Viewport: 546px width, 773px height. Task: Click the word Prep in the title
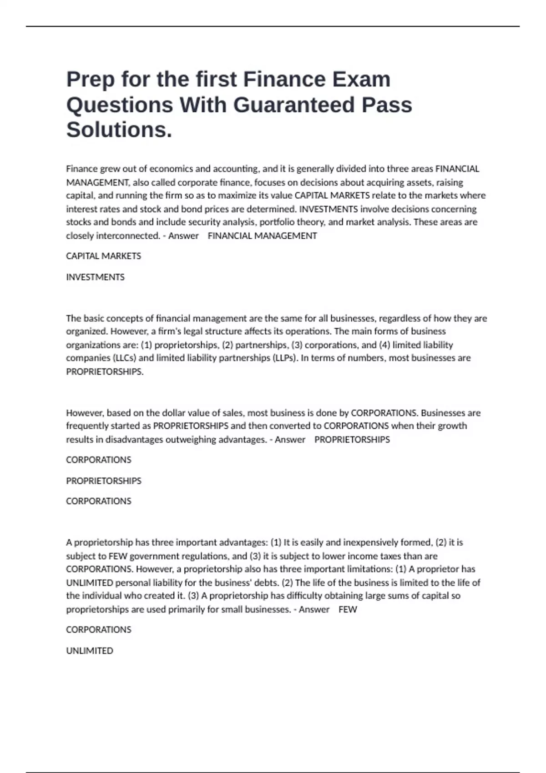(x=89, y=80)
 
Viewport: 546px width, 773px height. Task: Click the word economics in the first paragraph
(x=171, y=169)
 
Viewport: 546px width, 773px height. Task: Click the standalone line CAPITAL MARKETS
(x=103, y=256)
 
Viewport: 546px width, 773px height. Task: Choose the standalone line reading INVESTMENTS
(x=95, y=277)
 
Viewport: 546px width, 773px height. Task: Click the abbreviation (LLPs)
(x=285, y=358)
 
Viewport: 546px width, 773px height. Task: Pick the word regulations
(x=207, y=556)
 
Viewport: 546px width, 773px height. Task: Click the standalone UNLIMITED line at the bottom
(x=90, y=651)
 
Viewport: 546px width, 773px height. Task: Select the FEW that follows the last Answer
(x=348, y=609)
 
